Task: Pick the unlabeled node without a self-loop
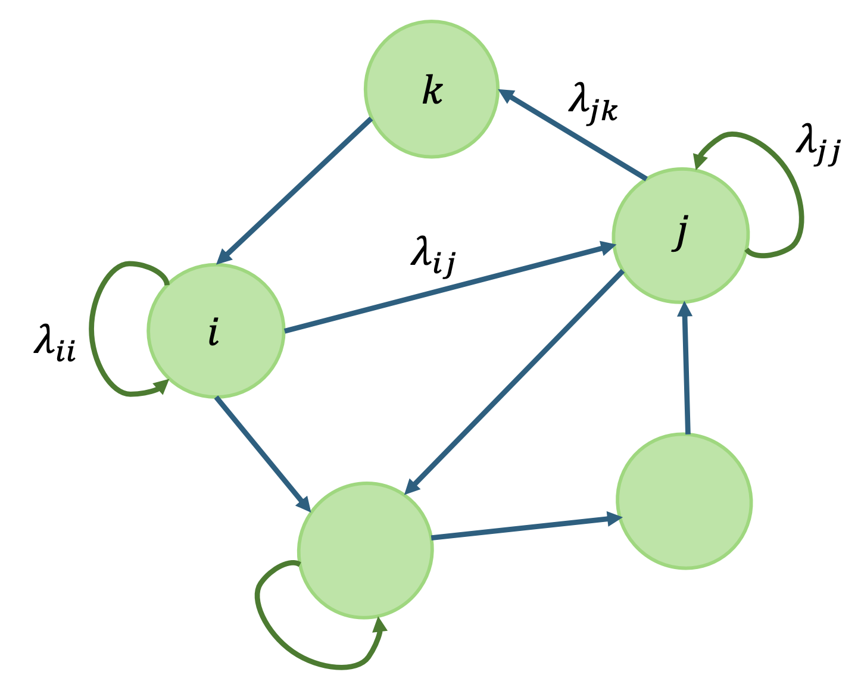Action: pos(685,502)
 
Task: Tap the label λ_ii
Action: pos(54,345)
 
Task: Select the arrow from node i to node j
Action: pos(444,289)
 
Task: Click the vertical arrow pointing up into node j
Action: pos(686,369)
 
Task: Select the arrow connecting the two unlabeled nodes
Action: pos(524,529)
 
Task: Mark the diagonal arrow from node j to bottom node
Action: pos(515,381)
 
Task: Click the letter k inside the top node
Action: pos(432,92)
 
